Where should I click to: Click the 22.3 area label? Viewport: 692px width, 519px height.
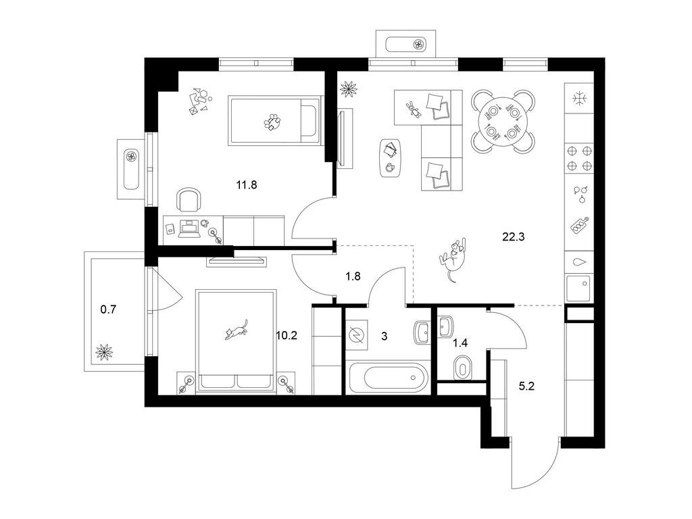[x=514, y=237]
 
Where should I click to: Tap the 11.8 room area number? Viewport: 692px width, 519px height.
[x=246, y=185]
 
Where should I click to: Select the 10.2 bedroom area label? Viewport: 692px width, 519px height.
[x=287, y=336]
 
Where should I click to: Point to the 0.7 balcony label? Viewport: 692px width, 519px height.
[x=108, y=310]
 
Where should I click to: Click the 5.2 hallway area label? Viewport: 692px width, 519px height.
[x=526, y=387]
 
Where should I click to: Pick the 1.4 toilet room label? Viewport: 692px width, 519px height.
[x=460, y=343]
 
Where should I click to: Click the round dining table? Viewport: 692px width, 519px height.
[x=503, y=121]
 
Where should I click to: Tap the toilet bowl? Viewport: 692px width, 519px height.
[x=462, y=366]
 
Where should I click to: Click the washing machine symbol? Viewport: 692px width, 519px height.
[x=357, y=335]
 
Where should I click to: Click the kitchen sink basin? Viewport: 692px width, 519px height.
[x=578, y=288]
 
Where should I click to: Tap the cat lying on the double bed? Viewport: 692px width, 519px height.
[x=236, y=330]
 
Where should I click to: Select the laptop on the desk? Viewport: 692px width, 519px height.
[x=189, y=229]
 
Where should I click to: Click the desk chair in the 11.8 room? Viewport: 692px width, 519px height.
[x=189, y=199]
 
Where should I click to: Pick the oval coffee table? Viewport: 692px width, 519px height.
[x=390, y=158]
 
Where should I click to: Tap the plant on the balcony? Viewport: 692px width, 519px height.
[x=104, y=352]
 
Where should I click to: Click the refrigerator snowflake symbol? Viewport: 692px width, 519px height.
[x=578, y=98]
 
